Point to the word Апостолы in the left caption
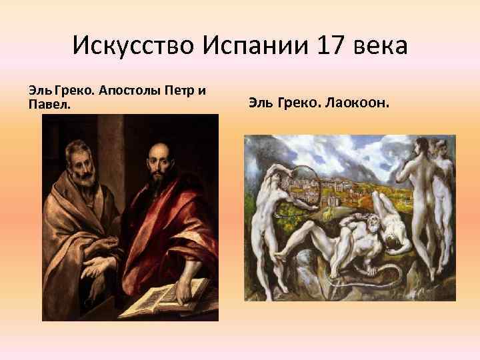131,90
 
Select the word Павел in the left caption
49,105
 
